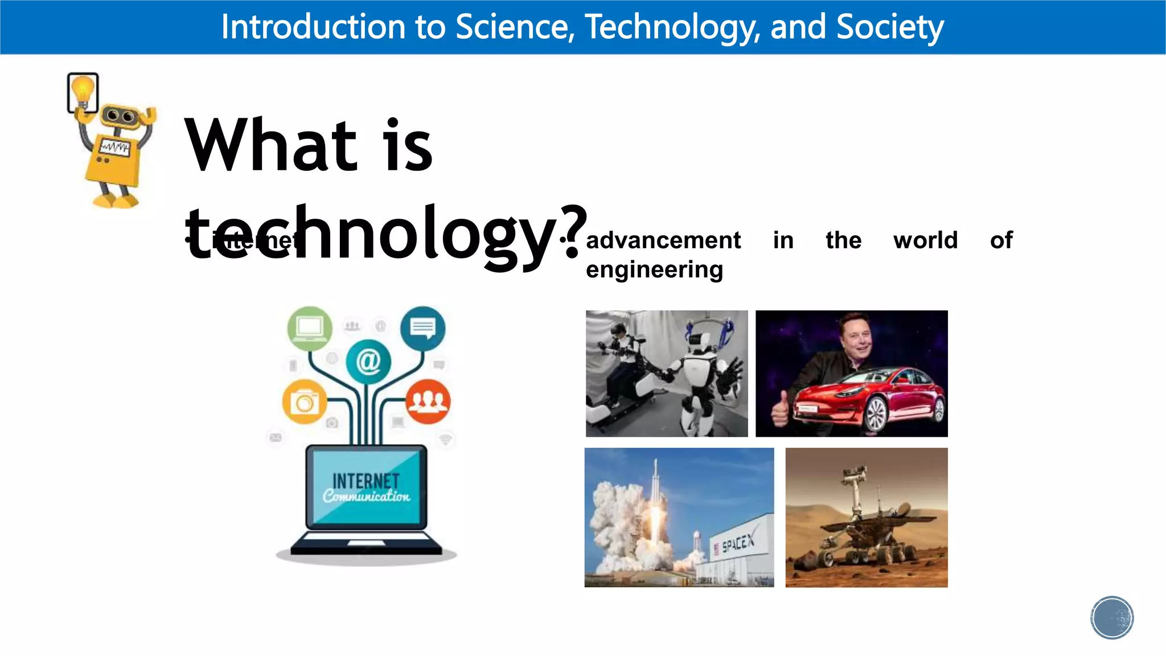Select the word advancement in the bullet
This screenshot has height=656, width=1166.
tap(663, 240)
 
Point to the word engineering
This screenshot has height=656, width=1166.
tap(654, 269)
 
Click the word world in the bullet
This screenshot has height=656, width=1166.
tap(925, 240)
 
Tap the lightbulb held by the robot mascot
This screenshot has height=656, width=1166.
tap(83, 91)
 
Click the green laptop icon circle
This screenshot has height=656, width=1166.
tap(310, 328)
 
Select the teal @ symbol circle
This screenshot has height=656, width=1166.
tap(368, 361)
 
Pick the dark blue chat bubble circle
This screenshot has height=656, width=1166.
tap(423, 328)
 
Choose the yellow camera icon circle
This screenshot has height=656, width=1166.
tap(305, 402)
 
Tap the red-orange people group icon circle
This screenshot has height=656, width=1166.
tap(428, 401)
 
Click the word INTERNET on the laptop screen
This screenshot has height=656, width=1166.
tap(366, 481)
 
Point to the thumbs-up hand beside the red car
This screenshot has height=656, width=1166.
tap(780, 408)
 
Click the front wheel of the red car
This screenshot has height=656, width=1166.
tap(877, 415)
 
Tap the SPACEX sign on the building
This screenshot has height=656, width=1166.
tap(737, 543)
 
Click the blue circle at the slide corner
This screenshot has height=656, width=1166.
tap(1112, 618)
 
